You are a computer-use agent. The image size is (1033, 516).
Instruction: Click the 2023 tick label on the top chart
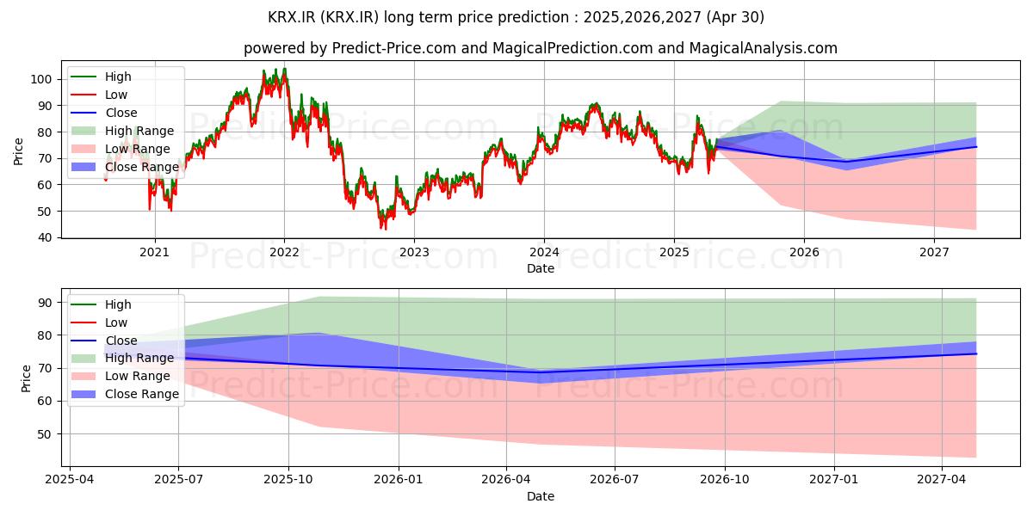[x=414, y=252]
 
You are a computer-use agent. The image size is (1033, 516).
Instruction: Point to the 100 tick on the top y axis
[x=45, y=79]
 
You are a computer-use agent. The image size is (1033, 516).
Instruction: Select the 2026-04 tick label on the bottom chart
[x=507, y=479]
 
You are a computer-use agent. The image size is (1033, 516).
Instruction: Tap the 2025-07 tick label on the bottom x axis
[x=178, y=479]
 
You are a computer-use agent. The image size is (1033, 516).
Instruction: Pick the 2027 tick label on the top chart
[x=934, y=252]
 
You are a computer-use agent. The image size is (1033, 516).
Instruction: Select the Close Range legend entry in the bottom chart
[x=141, y=394]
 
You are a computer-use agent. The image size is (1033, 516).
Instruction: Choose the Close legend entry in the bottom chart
[x=120, y=341]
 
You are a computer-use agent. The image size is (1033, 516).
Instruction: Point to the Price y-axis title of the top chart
[x=19, y=151]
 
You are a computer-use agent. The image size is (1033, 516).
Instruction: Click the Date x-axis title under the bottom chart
[x=540, y=496]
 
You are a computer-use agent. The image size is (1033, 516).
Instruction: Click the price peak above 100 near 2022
[x=284, y=69]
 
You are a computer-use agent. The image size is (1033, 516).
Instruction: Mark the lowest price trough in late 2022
[x=384, y=228]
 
